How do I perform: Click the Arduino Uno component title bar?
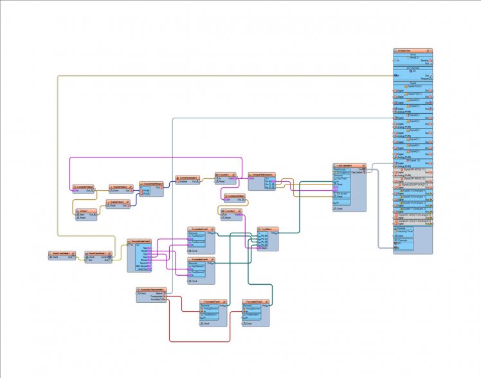point(412,50)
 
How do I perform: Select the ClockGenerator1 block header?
point(188,177)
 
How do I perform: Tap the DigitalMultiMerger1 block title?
point(152,183)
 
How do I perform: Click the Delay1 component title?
point(84,210)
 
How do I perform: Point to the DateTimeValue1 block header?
point(63,253)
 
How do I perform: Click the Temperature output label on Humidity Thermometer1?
point(158,296)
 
